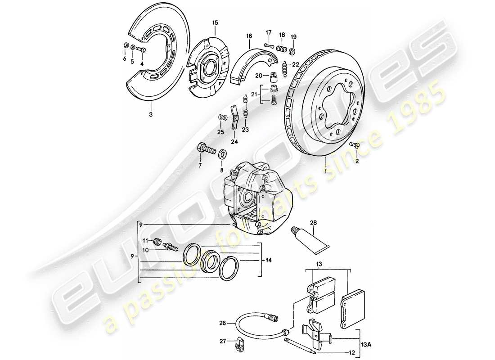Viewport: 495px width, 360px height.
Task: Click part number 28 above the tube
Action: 313,222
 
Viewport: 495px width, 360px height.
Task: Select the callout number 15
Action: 215,22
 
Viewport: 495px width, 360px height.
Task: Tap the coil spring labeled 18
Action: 282,48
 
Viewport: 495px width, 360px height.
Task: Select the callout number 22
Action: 296,64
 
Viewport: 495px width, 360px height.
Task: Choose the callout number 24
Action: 234,142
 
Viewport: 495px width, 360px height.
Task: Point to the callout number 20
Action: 259,76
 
